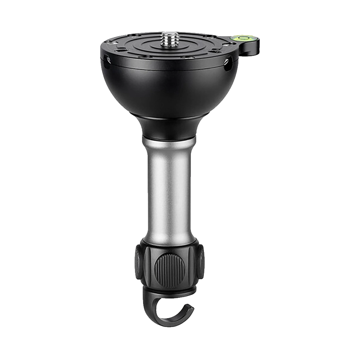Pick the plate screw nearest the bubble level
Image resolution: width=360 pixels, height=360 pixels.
[230, 45]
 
